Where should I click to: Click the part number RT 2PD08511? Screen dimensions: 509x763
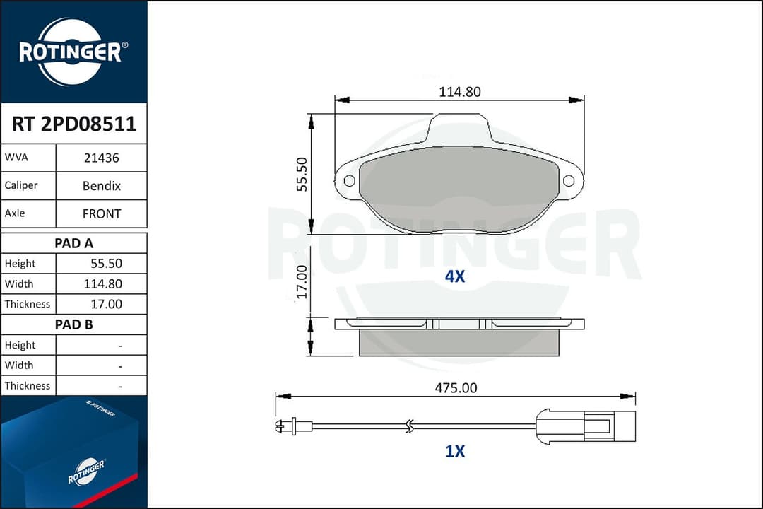(x=73, y=124)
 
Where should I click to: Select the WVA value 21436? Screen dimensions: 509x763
(x=101, y=158)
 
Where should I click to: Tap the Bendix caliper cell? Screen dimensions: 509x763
(x=101, y=186)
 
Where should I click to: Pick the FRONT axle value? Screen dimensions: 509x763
(x=101, y=213)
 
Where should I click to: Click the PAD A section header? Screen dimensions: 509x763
(x=73, y=243)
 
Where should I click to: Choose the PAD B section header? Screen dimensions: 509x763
(x=73, y=324)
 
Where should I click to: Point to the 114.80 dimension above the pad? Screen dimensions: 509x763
(x=459, y=92)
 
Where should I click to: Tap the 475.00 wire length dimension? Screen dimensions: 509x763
(x=456, y=387)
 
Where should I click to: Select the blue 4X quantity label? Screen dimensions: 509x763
(x=455, y=276)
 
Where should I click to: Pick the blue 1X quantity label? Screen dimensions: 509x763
(x=455, y=451)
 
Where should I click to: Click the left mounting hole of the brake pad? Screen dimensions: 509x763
(x=349, y=181)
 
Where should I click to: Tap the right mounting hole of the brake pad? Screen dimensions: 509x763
(x=569, y=181)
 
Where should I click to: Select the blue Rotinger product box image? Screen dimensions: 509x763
(x=73, y=452)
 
